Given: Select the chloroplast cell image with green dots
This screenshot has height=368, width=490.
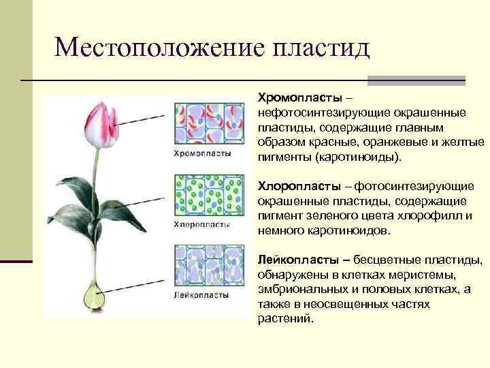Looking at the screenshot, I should [x=209, y=195].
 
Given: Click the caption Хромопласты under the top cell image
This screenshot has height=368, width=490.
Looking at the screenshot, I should [x=203, y=153].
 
